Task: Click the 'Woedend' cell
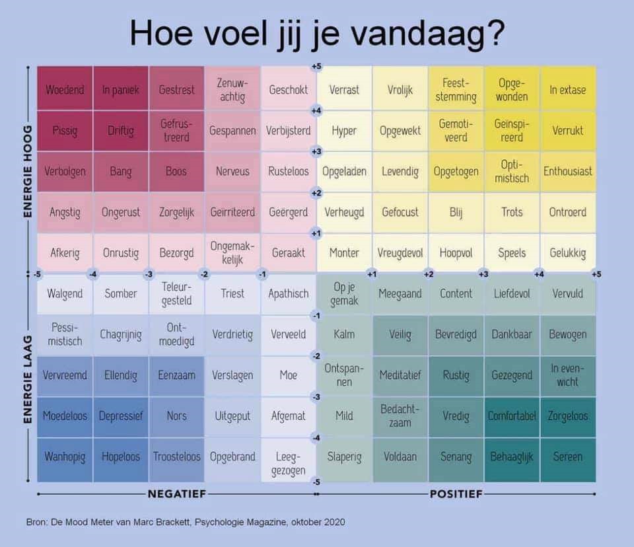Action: [x=65, y=89]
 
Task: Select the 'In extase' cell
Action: [x=568, y=89]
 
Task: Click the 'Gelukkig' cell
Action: [x=568, y=252]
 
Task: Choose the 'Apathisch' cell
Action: [x=289, y=294]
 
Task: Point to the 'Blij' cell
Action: [x=456, y=212]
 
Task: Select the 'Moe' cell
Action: [x=289, y=375]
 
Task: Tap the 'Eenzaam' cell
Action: [x=177, y=375]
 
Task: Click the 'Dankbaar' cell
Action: [x=512, y=334]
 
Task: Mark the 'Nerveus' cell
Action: [x=232, y=171]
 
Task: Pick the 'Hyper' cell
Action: [x=344, y=130]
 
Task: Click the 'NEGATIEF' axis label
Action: [x=177, y=493]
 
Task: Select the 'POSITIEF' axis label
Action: [x=456, y=493]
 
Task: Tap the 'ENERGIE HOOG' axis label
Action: [x=28, y=171]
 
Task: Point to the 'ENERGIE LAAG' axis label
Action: [x=28, y=379]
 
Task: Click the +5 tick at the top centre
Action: [x=316, y=66]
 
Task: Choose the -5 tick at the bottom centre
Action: [x=316, y=482]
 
